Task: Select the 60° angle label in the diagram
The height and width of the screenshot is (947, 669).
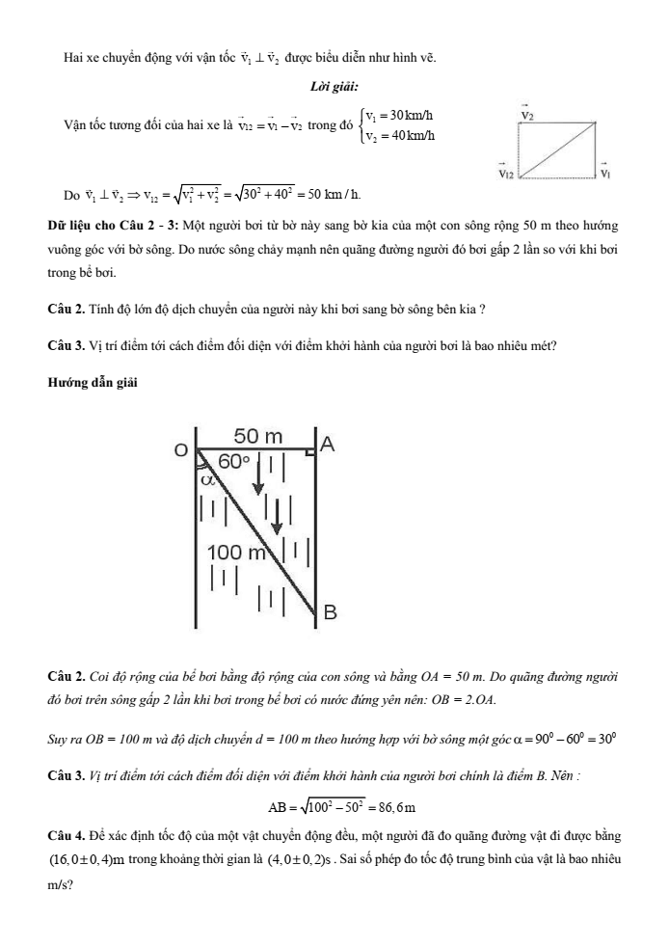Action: (233, 462)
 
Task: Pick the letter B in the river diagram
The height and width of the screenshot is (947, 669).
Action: (328, 611)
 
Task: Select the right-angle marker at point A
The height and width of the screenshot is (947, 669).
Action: (310, 451)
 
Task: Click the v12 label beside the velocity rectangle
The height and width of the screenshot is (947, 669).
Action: (505, 175)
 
